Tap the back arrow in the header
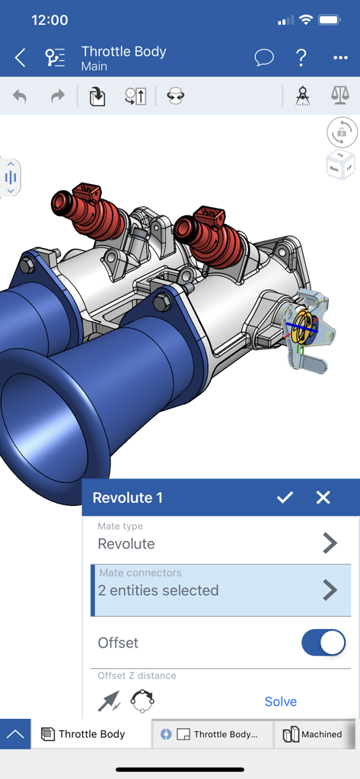[x=21, y=57]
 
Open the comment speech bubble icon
[x=264, y=57]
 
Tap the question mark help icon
[x=301, y=57]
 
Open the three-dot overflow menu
[x=339, y=58]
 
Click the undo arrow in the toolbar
[x=20, y=97]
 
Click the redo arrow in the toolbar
[x=58, y=97]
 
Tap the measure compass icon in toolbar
[x=302, y=96]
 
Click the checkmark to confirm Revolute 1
[x=285, y=498]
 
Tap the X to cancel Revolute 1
[x=323, y=498]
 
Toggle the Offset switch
[x=323, y=643]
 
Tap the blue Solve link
[x=280, y=701]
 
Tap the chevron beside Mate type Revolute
[x=330, y=543]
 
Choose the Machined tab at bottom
[x=313, y=734]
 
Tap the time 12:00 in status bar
[x=49, y=20]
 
